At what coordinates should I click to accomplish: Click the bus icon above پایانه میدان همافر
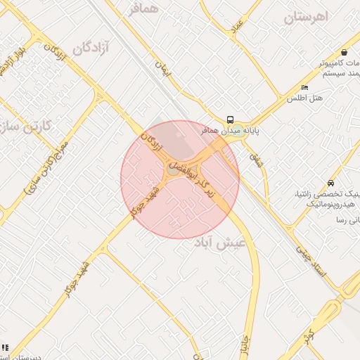231,120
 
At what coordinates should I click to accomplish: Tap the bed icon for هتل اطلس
304,87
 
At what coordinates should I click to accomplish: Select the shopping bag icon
343,52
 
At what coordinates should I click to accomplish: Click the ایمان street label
164,67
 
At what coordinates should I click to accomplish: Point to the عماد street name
237,26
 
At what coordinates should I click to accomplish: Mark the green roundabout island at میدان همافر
237,130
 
